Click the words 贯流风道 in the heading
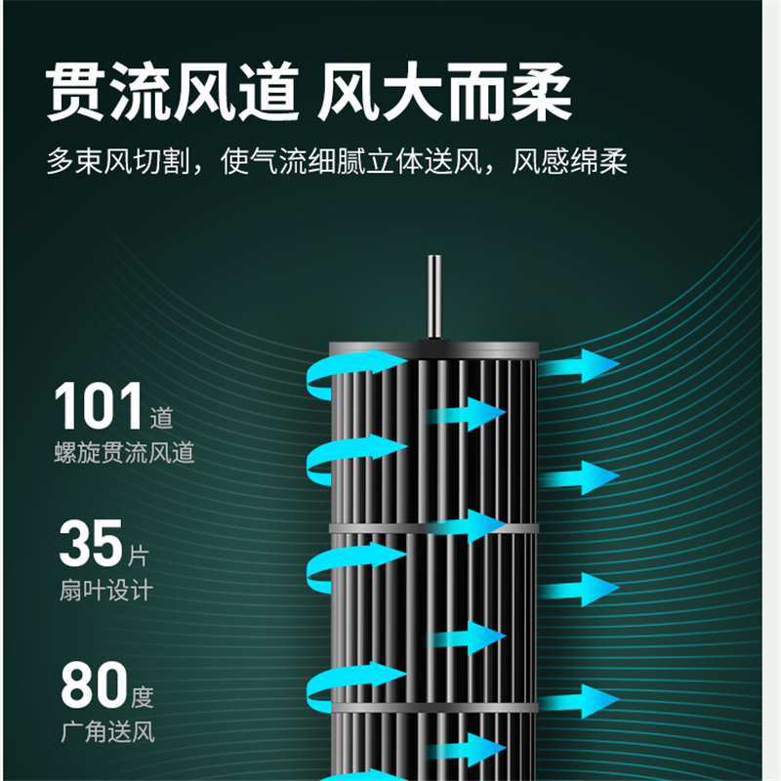[x=173, y=92]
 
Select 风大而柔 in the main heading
[x=444, y=92]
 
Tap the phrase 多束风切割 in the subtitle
[x=118, y=161]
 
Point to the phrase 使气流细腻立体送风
[x=351, y=161]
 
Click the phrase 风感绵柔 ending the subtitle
[x=569, y=161]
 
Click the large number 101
[x=99, y=406]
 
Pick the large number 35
[x=91, y=543]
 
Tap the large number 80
[x=94, y=684]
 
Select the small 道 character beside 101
[x=161, y=418]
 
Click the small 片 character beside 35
[x=139, y=555]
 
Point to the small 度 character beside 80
[x=143, y=697]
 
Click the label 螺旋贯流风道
[x=124, y=453]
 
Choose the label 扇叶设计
[x=105, y=591]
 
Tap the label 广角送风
[x=107, y=731]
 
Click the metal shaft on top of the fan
[x=434, y=297]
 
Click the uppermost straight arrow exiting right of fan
[x=579, y=365]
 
